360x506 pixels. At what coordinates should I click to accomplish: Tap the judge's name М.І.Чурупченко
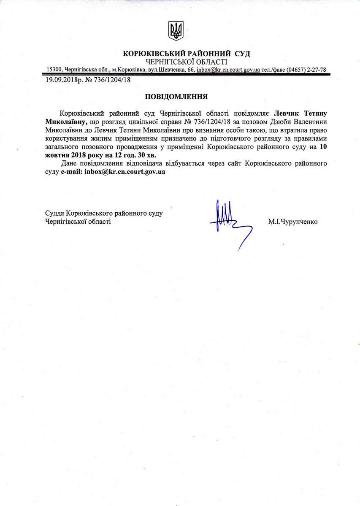pos(292,221)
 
